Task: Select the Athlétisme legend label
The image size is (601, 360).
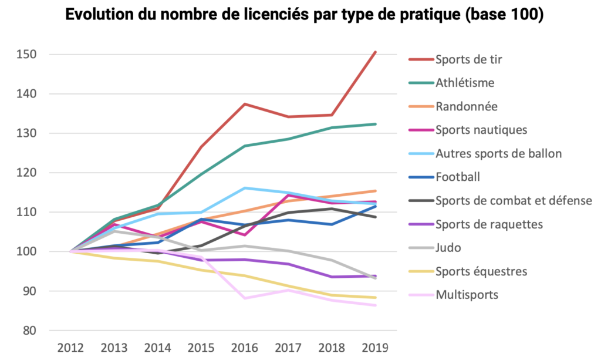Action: (x=465, y=83)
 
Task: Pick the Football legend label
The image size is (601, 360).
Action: (x=457, y=177)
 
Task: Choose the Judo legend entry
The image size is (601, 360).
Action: (x=448, y=247)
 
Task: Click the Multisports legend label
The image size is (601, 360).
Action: (x=467, y=294)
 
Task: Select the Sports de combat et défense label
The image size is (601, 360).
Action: (x=514, y=200)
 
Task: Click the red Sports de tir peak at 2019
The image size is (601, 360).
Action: (x=376, y=52)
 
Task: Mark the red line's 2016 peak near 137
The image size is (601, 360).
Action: (x=244, y=104)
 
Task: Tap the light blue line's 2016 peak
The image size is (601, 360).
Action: (x=244, y=188)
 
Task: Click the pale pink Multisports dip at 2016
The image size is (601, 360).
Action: (x=244, y=298)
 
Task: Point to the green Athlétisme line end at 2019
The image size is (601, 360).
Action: (x=376, y=124)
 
